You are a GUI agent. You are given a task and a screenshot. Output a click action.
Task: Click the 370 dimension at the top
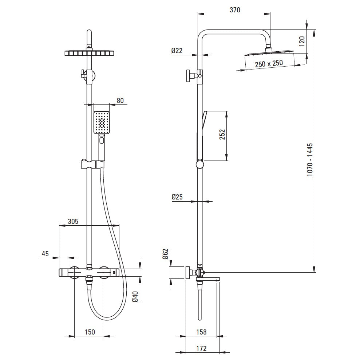tap(235, 10)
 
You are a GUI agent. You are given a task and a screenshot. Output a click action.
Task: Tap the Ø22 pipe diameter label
tap(177, 51)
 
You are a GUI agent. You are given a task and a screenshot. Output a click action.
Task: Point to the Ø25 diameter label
tap(177, 197)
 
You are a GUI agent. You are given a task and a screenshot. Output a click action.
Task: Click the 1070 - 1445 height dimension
tap(310, 160)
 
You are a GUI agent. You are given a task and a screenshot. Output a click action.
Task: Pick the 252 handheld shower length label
tap(222, 135)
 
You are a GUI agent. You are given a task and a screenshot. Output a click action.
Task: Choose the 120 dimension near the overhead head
tap(302, 41)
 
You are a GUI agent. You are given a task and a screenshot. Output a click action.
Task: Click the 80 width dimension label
tap(120, 100)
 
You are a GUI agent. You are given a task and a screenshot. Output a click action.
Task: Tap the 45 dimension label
tap(45, 254)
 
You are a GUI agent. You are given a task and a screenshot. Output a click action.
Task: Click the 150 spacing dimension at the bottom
tap(90, 332)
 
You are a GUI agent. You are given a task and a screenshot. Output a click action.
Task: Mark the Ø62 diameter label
tap(165, 254)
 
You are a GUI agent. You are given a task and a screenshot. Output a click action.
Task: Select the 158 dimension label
tap(201, 332)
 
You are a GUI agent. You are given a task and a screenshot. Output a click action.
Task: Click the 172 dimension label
tap(201, 348)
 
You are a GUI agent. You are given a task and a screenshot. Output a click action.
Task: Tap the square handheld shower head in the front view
tap(102, 122)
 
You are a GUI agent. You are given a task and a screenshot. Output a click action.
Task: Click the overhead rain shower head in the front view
tap(89, 53)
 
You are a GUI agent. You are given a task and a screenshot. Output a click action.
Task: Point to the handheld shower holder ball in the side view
tap(200, 165)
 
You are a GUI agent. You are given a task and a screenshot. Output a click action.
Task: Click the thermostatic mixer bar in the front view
tap(89, 272)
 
